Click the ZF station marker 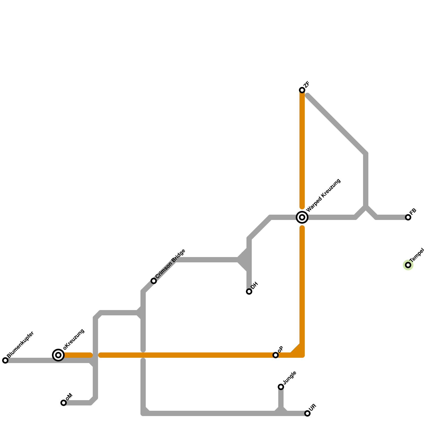click(302, 90)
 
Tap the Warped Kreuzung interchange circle click(302, 217)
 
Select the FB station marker click(408, 217)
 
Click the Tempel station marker click(408, 265)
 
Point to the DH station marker click(249, 291)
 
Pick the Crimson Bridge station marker click(154, 281)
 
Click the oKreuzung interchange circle click(58, 355)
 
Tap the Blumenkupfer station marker click(5, 360)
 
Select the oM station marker click(64, 403)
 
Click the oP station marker click(276, 355)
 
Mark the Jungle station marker click(281, 387)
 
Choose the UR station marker click(307, 413)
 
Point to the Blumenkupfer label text click(21, 344)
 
